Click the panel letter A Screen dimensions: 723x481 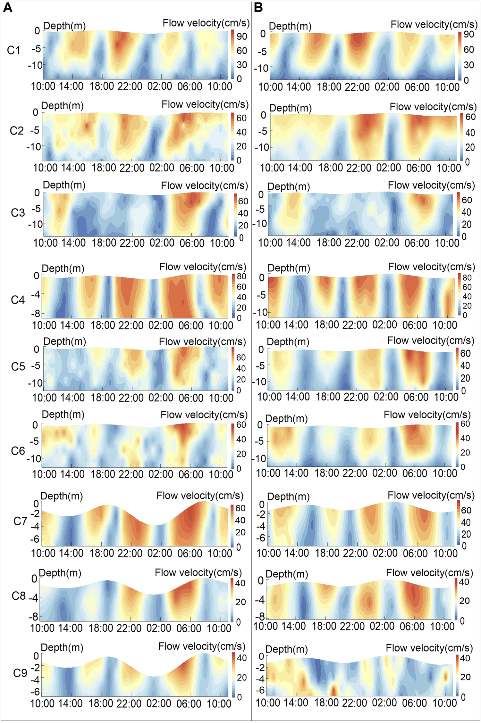7,8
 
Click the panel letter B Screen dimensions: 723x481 258,8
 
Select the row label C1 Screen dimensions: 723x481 14,50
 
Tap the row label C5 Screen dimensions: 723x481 18,366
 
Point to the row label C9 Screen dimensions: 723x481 20,673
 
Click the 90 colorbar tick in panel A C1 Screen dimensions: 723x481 242,37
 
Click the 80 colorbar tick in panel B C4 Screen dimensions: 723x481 467,277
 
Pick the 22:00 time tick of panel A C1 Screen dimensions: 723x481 130,86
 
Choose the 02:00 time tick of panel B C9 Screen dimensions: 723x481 384,703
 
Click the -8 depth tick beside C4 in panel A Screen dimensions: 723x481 36,313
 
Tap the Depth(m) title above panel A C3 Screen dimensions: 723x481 64,185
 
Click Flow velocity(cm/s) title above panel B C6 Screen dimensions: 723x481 427,415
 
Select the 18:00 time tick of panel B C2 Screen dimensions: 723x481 331,168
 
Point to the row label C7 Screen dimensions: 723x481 20,522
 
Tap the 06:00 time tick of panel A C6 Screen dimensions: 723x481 191,474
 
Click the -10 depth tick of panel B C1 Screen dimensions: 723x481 261,68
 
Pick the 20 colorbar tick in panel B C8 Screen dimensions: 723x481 464,601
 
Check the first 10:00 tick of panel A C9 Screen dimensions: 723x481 42,703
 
